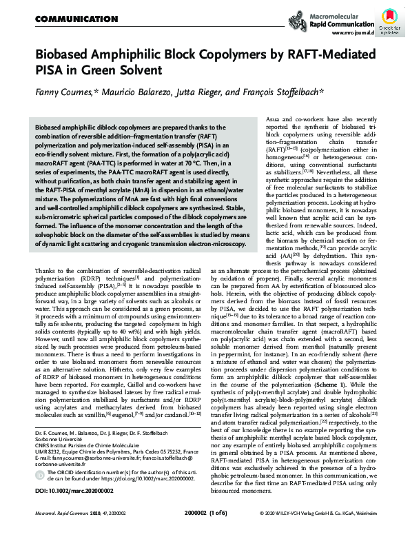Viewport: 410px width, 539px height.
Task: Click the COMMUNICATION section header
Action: point(67,19)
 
